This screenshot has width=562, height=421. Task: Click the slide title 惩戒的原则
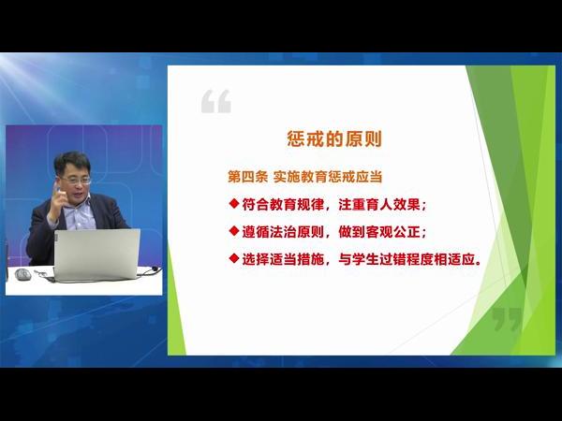pyautogui.click(x=334, y=138)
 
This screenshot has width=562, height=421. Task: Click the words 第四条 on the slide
pyautogui.click(x=247, y=177)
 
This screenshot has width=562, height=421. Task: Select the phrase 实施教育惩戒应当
pyautogui.click(x=328, y=177)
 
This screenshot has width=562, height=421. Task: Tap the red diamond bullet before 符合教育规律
pyautogui.click(x=234, y=204)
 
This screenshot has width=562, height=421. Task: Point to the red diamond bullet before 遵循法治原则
pyautogui.click(x=234, y=231)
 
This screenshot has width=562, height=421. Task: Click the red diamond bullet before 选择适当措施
pyautogui.click(x=234, y=258)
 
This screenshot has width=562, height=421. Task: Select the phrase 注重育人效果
pyautogui.click(x=379, y=204)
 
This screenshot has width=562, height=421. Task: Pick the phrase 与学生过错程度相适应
pyautogui.click(x=407, y=259)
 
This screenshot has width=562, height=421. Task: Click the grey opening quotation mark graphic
pyautogui.click(x=216, y=101)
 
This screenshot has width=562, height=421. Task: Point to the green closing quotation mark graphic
pyautogui.click(x=507, y=320)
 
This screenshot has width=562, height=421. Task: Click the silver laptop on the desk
pyautogui.click(x=96, y=254)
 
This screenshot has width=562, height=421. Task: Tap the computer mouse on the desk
pyautogui.click(x=22, y=274)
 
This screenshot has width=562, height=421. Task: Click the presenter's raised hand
pyautogui.click(x=57, y=201)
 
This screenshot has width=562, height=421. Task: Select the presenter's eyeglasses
pyautogui.click(x=76, y=180)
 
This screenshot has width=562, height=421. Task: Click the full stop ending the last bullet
pyautogui.click(x=478, y=263)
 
